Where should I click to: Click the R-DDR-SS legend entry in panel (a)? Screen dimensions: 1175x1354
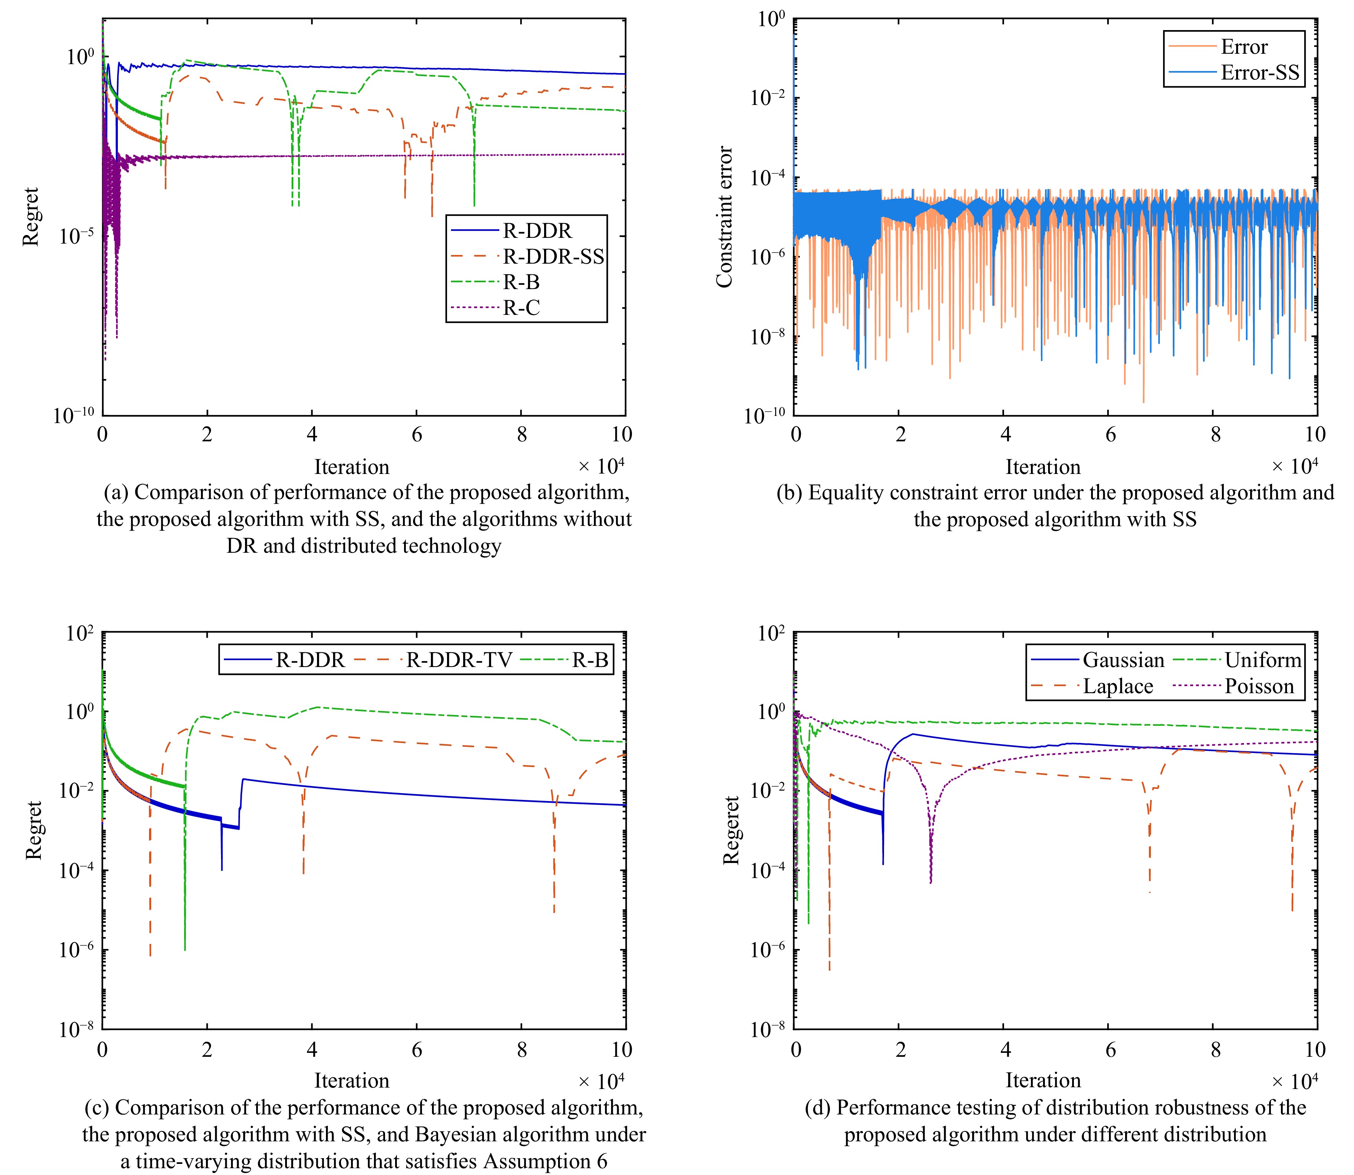point(553,256)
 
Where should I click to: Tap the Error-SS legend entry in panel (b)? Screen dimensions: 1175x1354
point(1259,73)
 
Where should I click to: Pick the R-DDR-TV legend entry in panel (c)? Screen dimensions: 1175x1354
point(458,660)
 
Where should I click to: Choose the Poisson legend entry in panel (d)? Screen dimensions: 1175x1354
point(1259,686)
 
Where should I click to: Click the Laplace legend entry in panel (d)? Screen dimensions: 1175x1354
point(1117,686)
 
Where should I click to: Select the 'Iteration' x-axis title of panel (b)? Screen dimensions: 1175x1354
point(1043,467)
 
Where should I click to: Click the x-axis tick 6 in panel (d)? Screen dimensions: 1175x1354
point(1110,1050)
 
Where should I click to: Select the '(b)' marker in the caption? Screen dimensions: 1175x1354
point(789,493)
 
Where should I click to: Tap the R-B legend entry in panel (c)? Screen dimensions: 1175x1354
point(590,660)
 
